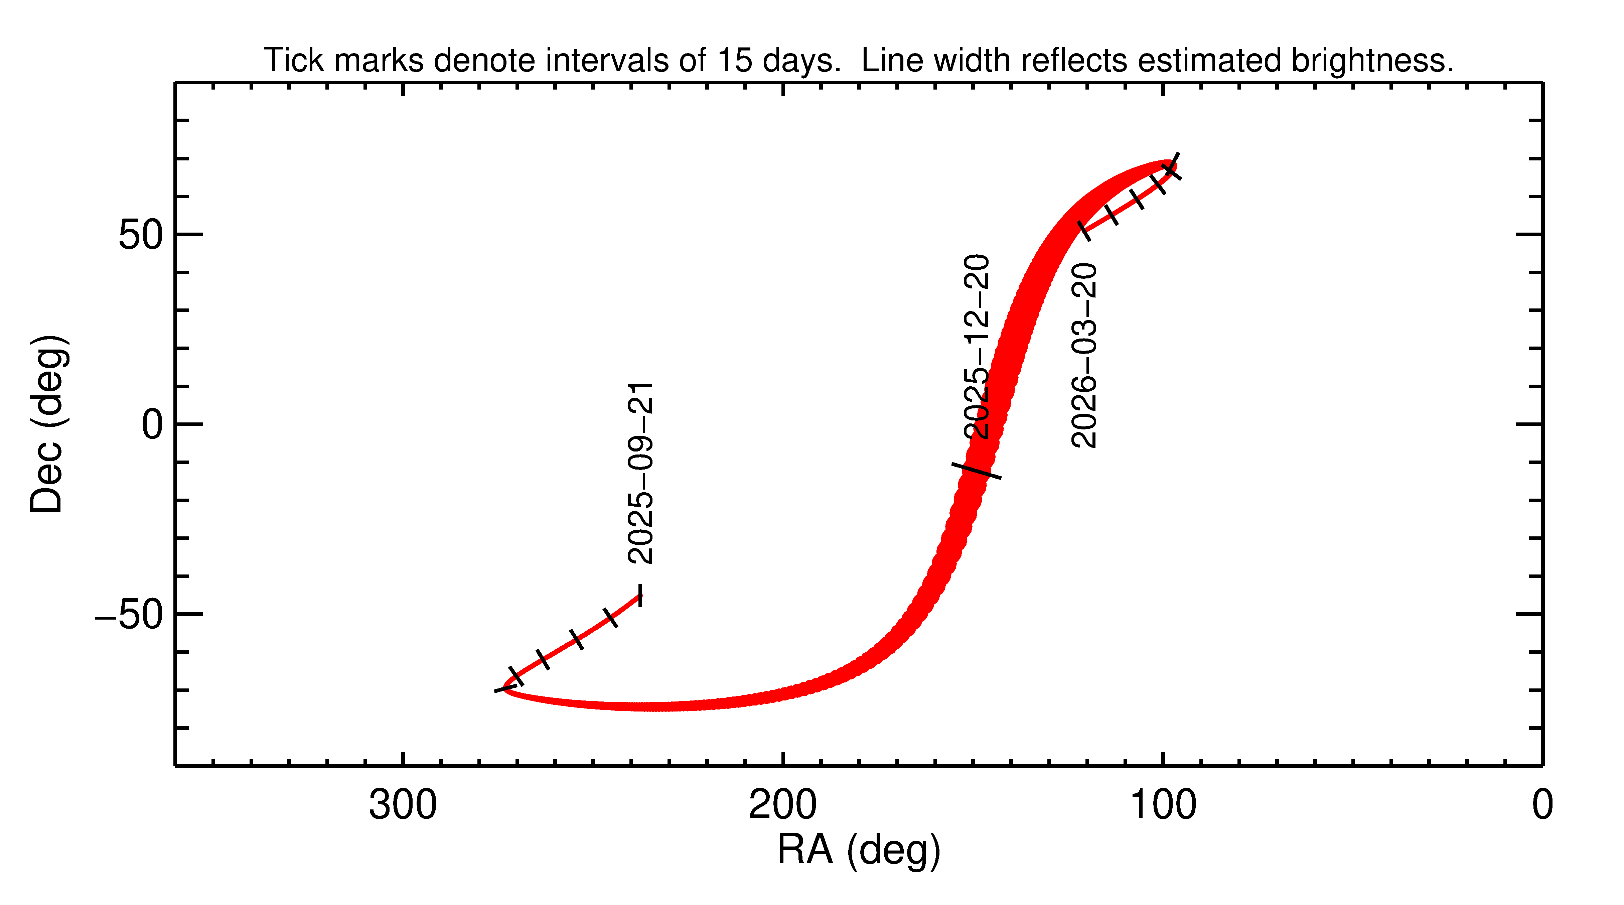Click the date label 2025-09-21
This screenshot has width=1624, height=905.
coord(640,473)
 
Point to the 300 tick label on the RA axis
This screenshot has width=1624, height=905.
coord(403,805)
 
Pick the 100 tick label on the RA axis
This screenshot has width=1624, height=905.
coord(1163,805)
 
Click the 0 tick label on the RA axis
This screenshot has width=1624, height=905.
coord(1542,805)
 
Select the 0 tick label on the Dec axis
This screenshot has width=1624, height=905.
coord(152,425)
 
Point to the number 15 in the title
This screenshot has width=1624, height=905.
coord(734,60)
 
